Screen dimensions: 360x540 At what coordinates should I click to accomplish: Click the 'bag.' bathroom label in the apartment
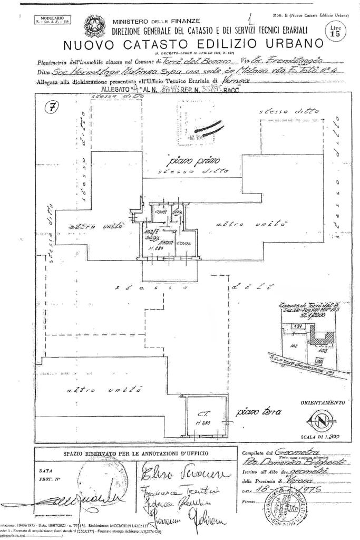click(x=176, y=212)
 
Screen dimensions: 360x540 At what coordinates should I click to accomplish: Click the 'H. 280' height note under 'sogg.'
click(x=154, y=248)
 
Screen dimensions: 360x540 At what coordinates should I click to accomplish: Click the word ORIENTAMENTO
click(x=323, y=402)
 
